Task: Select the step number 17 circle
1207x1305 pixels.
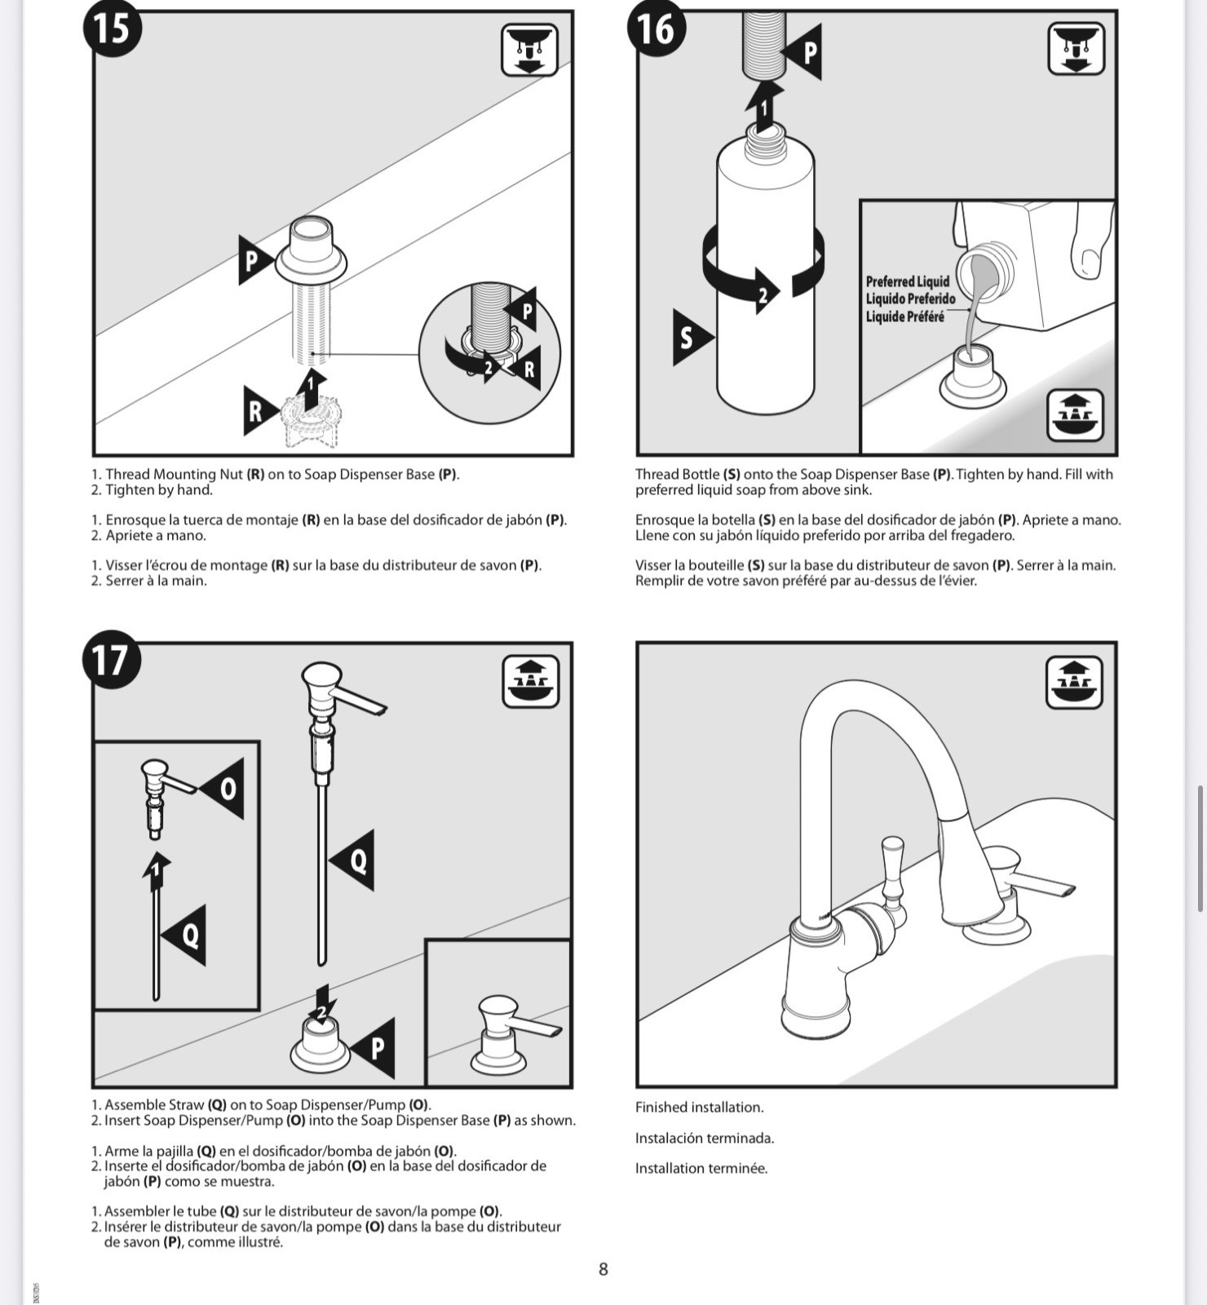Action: pyautogui.click(x=112, y=660)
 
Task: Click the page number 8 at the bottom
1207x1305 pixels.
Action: pyautogui.click(x=603, y=1269)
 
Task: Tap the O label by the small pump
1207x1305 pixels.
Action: pyautogui.click(x=227, y=788)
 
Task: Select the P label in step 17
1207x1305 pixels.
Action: pyautogui.click(x=376, y=1048)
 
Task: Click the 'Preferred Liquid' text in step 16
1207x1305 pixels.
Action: pyautogui.click(x=908, y=282)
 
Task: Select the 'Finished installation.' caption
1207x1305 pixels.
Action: pyautogui.click(x=699, y=1107)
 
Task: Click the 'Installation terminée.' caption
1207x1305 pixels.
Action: pyautogui.click(x=701, y=1168)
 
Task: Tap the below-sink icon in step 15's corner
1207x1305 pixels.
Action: pyautogui.click(x=529, y=50)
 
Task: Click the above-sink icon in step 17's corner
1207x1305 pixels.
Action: pyautogui.click(x=530, y=681)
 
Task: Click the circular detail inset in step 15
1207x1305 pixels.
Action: pyautogui.click(x=489, y=352)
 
